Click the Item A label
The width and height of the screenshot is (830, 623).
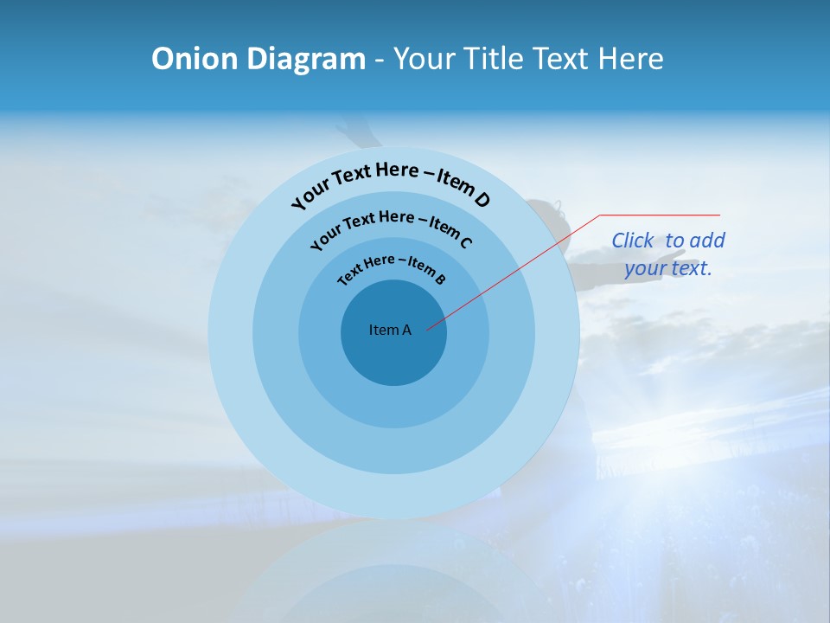[390, 330]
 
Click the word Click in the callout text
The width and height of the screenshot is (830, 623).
[633, 241]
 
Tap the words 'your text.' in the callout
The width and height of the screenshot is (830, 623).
[668, 268]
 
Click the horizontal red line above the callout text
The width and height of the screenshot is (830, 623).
[660, 215]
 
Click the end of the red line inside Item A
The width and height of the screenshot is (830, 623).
[429, 329]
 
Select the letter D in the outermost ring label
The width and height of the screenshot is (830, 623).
[482, 201]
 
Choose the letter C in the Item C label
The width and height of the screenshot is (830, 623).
[465, 242]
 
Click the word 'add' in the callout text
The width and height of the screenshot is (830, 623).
[708, 241]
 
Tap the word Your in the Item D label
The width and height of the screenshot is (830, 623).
[310, 197]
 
